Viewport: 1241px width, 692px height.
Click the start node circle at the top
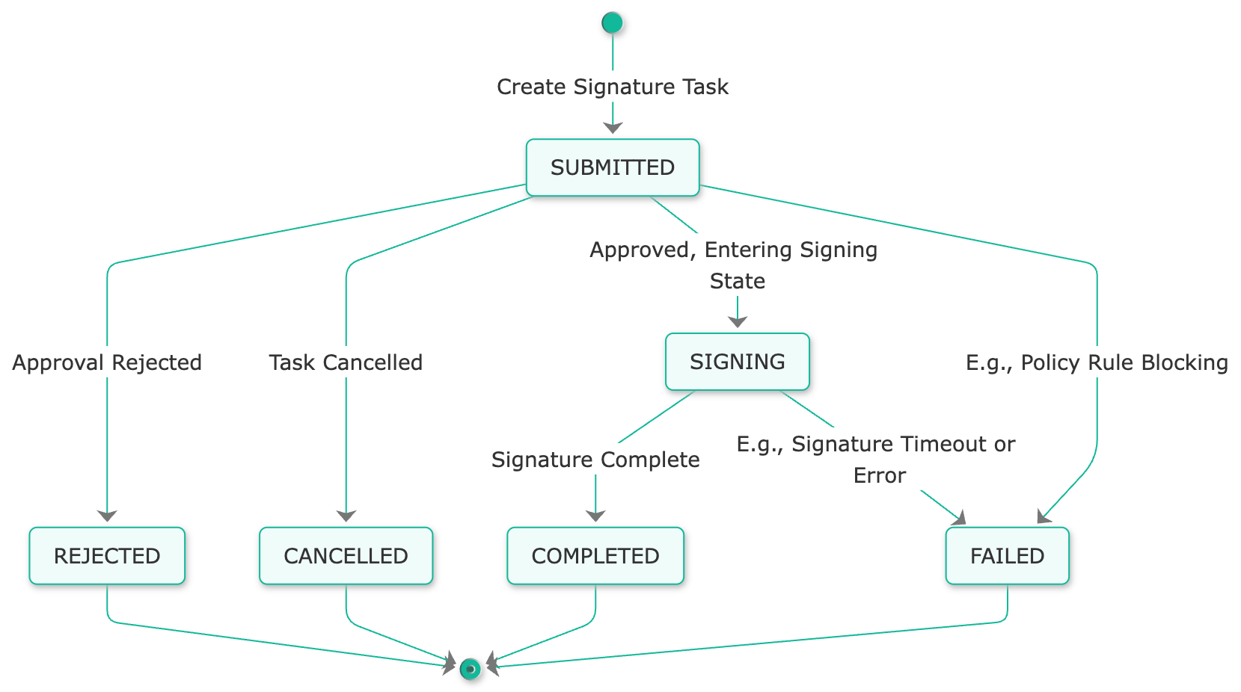coord(613,23)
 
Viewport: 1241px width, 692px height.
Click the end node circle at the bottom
coord(471,669)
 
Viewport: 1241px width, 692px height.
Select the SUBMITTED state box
coord(613,168)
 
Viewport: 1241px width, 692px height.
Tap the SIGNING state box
coord(738,362)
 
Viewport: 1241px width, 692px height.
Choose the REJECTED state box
coord(107,557)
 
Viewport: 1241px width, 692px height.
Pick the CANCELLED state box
coord(346,557)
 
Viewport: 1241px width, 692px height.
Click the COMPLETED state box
coord(595,557)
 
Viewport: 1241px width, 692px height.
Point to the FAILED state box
coord(1007,557)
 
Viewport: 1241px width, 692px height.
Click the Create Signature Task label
coord(613,87)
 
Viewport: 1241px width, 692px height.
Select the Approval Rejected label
coord(107,362)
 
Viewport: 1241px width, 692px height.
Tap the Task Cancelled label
coord(346,362)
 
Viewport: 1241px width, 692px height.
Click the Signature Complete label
coord(595,460)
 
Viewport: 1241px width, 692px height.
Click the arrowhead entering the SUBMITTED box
coord(613,129)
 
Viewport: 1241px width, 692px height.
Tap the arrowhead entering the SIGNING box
coord(738,322)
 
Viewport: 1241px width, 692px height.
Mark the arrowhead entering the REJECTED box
coord(107,516)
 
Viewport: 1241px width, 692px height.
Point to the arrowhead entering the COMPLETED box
coord(595,516)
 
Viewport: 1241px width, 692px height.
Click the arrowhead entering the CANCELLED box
coord(346,516)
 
